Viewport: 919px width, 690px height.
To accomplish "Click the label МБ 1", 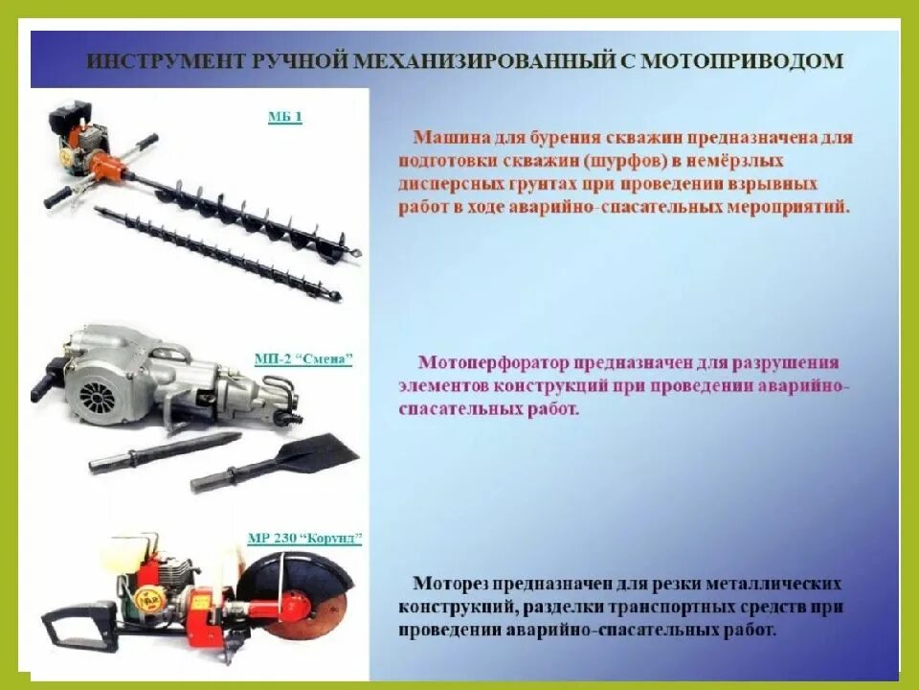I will [284, 117].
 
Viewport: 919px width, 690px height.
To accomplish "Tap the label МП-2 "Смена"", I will [303, 359].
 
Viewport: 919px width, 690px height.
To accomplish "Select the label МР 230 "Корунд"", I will [304, 539].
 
